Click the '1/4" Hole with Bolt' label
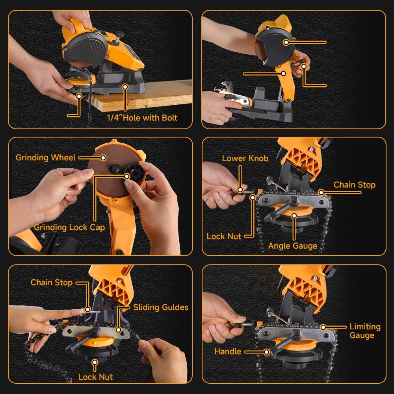coord(142,117)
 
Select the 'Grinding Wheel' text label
coord(45,158)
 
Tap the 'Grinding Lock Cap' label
coord(69,227)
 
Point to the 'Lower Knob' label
coord(245,158)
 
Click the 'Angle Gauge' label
coord(293,246)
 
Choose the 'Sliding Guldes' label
coord(161,307)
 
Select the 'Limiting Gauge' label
coord(365,331)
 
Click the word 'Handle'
coord(228,351)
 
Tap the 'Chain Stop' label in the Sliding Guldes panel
coord(52,282)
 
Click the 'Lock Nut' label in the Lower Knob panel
coord(224,236)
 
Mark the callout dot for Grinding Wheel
coord(103,158)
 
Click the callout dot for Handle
coord(267,351)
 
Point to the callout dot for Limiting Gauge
coord(323,327)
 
